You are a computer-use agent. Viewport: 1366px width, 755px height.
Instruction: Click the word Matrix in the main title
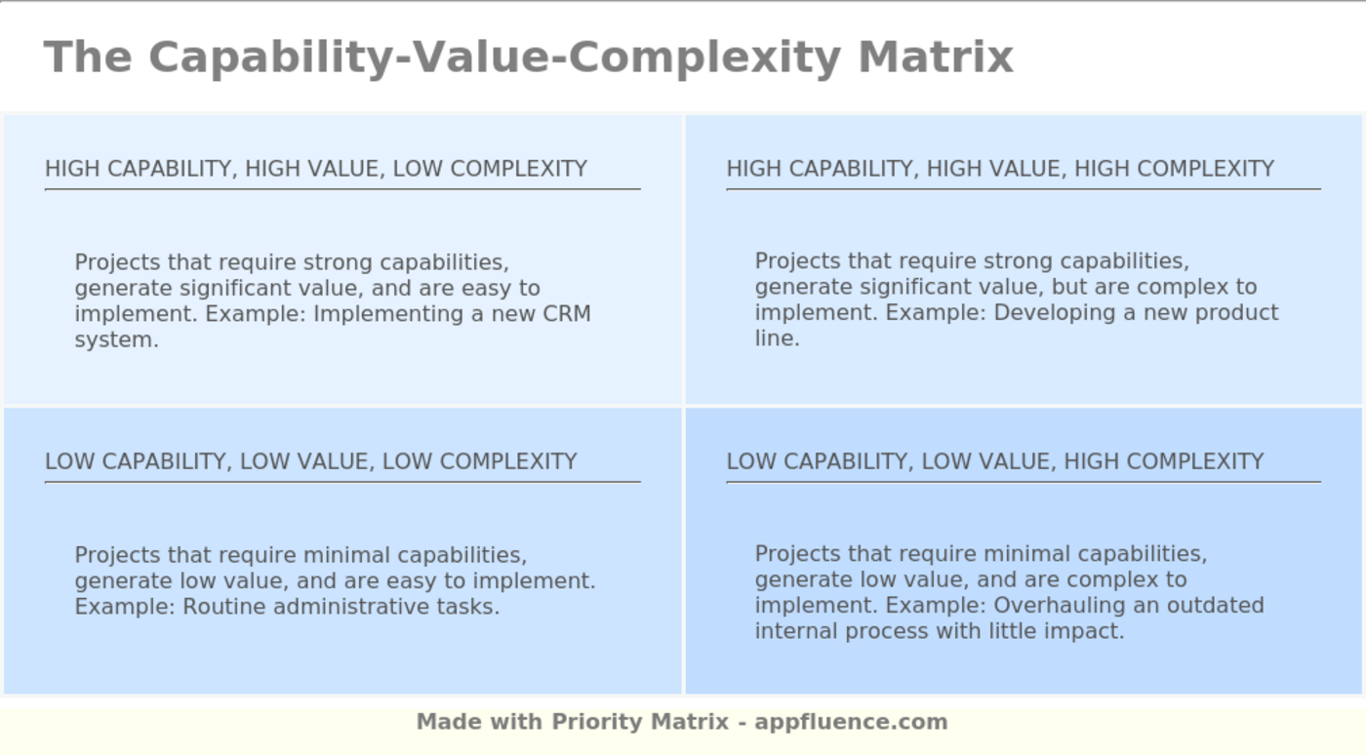(936, 57)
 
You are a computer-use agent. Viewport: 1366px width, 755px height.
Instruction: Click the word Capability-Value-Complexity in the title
(494, 57)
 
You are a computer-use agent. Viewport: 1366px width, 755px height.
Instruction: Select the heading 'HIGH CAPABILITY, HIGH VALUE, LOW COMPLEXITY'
(316, 169)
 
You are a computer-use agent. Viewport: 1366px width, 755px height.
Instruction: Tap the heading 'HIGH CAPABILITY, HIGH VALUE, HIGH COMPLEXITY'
(1000, 169)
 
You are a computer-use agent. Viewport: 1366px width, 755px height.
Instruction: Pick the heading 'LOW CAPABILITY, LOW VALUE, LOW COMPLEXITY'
(311, 461)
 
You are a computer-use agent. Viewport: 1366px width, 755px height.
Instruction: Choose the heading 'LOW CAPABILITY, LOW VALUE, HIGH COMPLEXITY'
(995, 461)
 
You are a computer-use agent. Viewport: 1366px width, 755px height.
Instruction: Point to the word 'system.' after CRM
(116, 340)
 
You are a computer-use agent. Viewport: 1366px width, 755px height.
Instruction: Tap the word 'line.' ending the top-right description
(777, 338)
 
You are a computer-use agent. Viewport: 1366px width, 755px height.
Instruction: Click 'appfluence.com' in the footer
(851, 722)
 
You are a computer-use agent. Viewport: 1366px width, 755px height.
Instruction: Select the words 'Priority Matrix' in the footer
(640, 722)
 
